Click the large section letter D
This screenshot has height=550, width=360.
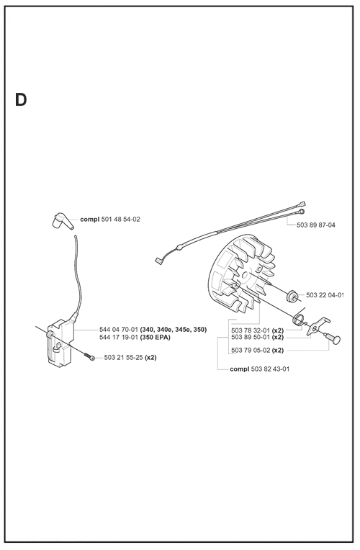tap(21, 100)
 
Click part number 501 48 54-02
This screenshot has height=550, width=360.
tap(121, 220)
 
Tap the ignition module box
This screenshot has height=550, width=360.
tap(60, 343)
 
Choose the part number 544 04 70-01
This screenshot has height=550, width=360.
tap(119, 330)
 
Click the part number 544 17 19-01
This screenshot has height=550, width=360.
tap(119, 338)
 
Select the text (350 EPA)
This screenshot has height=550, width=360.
tap(155, 338)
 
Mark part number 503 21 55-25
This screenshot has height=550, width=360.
tap(124, 358)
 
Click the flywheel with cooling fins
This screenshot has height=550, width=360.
tap(242, 274)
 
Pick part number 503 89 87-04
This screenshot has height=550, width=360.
tap(316, 225)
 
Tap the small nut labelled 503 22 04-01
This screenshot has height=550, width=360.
tap(292, 296)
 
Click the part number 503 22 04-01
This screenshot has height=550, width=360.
tap(325, 295)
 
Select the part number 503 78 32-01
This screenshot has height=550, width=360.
tap(251, 330)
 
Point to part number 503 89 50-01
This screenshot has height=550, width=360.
tap(251, 338)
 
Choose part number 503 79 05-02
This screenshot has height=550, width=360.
tap(251, 351)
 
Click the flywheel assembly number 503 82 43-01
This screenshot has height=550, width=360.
tap(271, 369)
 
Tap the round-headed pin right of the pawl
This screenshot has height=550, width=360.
tap(333, 338)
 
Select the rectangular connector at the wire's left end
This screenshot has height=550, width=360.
tap(159, 261)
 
